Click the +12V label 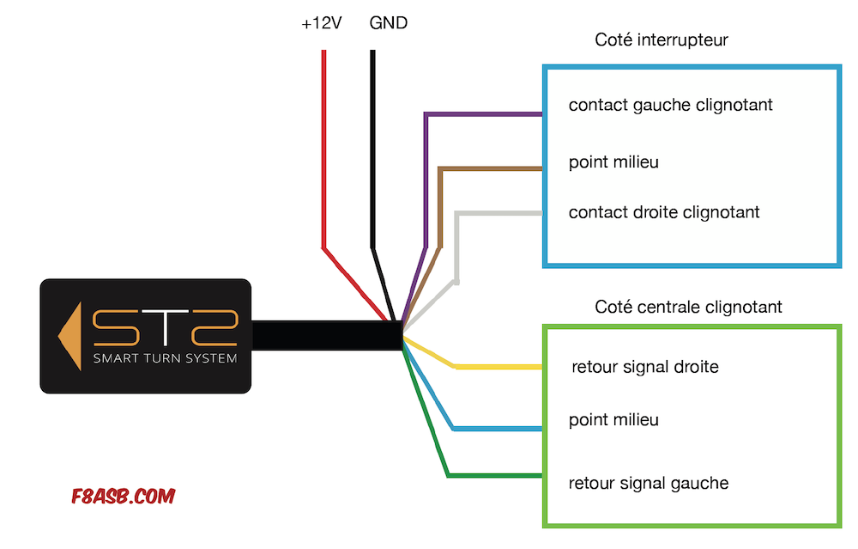(x=321, y=23)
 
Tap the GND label (x=389, y=23)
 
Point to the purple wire (x=426, y=180)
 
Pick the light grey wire (x=456, y=247)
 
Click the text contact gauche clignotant (x=670, y=105)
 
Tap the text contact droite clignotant (x=664, y=212)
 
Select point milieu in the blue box (x=613, y=162)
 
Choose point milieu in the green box (x=613, y=419)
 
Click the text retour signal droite (x=645, y=367)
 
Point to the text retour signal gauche (x=649, y=483)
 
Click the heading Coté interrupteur (x=661, y=40)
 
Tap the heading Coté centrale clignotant (x=688, y=307)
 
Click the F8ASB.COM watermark (x=123, y=497)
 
